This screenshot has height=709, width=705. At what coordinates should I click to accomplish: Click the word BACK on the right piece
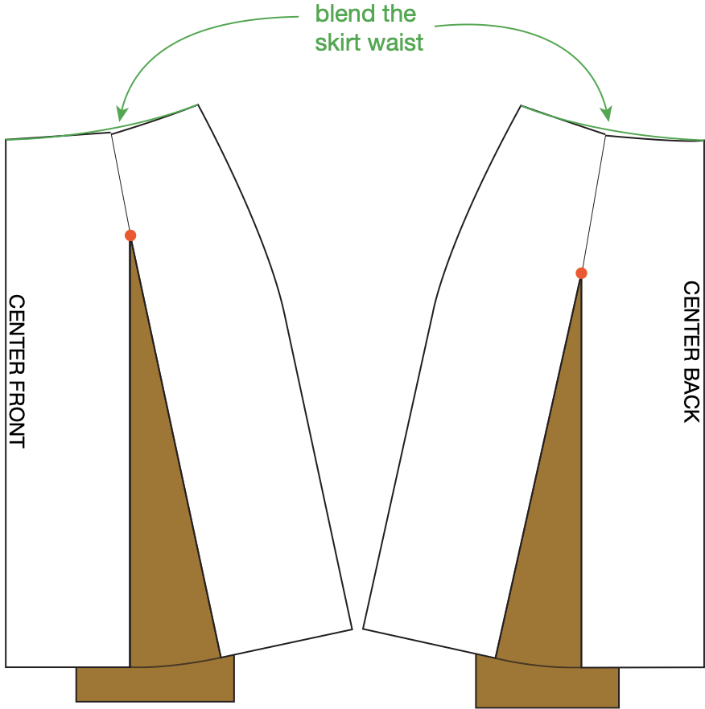691,395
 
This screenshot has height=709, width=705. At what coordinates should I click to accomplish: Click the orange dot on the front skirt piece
130,236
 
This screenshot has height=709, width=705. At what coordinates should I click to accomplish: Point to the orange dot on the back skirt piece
581,273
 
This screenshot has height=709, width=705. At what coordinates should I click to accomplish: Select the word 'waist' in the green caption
395,43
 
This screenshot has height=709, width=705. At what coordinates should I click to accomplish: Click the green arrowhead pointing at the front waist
122,115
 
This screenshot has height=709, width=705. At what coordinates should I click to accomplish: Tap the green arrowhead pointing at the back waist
608,114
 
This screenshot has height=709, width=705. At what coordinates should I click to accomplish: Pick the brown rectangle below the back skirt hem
547,688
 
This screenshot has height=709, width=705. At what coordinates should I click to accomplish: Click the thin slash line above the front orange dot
121,185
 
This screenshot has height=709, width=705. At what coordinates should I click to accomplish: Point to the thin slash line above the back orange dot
593,205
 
